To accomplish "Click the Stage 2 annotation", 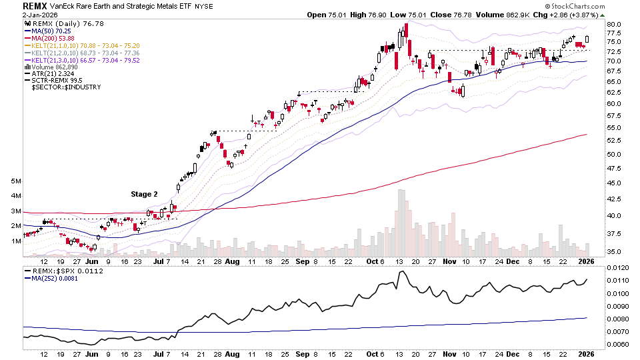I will click(144, 195).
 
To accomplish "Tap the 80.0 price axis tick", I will click(615, 25).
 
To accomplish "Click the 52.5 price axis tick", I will click(615, 141).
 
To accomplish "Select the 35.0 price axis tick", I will click(615, 251).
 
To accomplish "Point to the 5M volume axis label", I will click(16, 181).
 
